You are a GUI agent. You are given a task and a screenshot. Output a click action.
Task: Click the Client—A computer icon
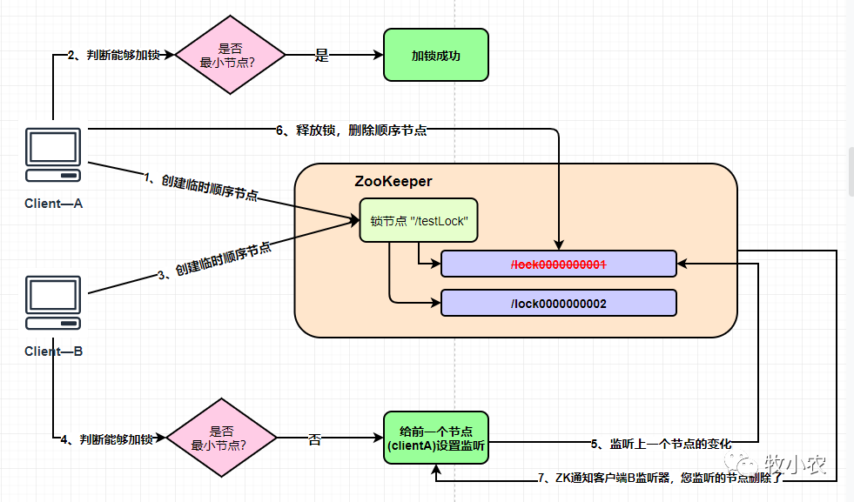(53, 155)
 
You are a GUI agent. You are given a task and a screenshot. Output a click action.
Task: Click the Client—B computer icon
(53, 303)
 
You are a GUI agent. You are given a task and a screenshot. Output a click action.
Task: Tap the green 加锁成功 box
(436, 55)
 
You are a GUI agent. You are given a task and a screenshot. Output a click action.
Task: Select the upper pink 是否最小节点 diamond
(231, 55)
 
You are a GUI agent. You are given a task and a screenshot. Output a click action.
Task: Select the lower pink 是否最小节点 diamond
(221, 439)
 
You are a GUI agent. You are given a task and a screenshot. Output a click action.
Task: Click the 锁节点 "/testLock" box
(419, 221)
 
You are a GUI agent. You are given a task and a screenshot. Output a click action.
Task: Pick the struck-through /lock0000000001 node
(558, 264)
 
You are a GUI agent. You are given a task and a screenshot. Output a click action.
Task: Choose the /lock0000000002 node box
(558, 303)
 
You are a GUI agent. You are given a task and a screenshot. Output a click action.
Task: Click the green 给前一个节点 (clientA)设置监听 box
(436, 439)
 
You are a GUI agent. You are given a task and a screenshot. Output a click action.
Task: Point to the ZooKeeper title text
(393, 182)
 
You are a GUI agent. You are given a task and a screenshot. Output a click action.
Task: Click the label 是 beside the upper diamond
(321, 56)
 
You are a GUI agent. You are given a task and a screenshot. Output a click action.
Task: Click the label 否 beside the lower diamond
(314, 440)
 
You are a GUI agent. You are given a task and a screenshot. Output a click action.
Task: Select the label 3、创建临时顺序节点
(214, 260)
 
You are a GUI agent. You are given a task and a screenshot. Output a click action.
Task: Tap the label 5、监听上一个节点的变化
(661, 444)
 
